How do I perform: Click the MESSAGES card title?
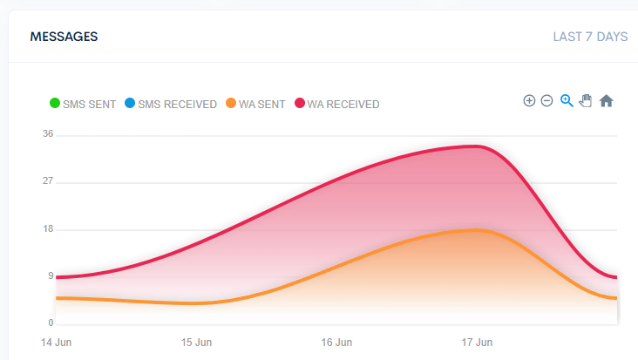pos(64,37)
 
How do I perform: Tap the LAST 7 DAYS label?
pos(590,37)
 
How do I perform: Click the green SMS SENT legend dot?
pos(55,105)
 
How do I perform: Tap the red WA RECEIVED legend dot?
pos(299,105)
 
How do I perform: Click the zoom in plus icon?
pos(529,100)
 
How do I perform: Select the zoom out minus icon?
pos(546,100)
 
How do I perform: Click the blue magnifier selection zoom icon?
pos(567,100)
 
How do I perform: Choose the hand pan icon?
pos(586,100)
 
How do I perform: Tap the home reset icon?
pos(607,100)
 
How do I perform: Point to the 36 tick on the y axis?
pos(48,134)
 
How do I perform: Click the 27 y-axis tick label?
pos(48,181)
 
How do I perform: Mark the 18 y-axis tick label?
pos(48,229)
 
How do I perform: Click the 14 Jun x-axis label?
pos(56,342)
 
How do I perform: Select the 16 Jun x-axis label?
pos(336,342)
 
